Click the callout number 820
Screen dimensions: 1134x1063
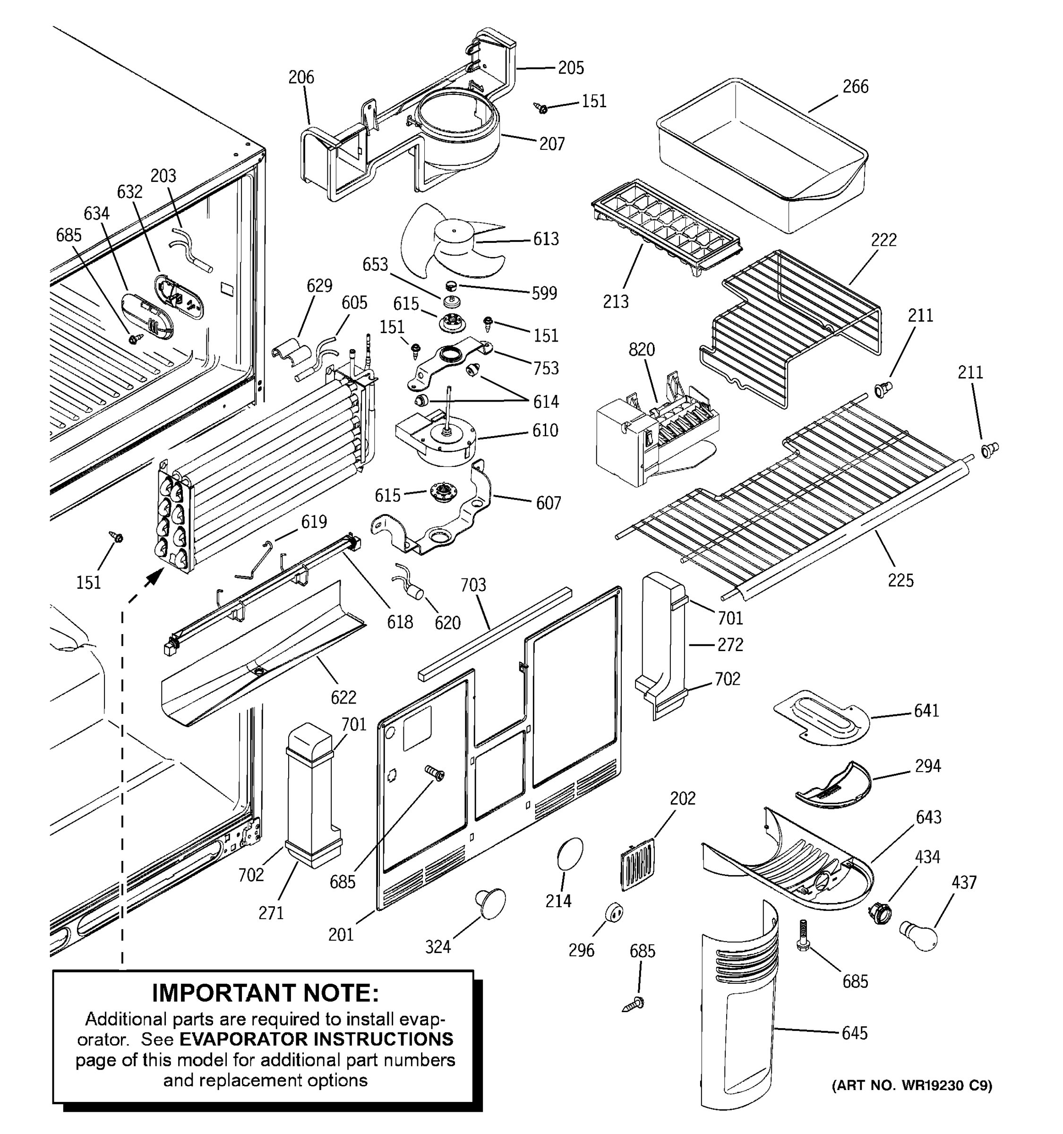pyautogui.click(x=641, y=349)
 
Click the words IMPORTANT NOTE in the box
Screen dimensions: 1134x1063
pyautogui.click(x=265, y=993)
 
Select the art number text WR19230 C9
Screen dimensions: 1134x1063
pyautogui.click(x=947, y=1085)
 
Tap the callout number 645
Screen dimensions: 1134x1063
pyautogui.click(x=854, y=1033)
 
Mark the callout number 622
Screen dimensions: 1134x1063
pyautogui.click(x=343, y=697)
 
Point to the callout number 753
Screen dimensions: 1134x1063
pyautogui.click(x=545, y=369)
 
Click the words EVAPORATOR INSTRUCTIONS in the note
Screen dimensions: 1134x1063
pyautogui.click(x=316, y=1039)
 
